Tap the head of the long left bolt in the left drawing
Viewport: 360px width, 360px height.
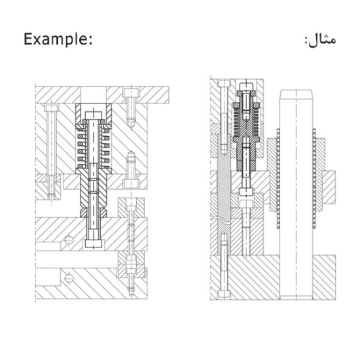[51, 109]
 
